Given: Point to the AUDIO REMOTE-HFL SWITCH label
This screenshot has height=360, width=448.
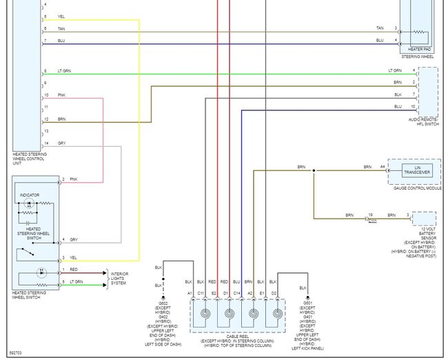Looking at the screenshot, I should coord(423,121).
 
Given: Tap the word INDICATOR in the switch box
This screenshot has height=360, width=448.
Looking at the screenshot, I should coord(30,195).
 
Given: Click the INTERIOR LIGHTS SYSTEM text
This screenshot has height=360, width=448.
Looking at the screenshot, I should coord(119,279).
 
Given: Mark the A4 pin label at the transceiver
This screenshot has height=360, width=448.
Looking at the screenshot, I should coord(383,167).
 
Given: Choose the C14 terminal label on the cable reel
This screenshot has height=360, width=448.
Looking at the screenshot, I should coord(237,294).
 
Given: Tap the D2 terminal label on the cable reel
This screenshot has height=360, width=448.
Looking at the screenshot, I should coord(274,294).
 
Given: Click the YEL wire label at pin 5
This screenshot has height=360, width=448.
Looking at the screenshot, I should coord(62,17).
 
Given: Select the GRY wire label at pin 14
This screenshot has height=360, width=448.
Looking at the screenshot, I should coord(62,143).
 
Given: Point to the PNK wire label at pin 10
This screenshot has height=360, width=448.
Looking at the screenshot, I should coord(62,94).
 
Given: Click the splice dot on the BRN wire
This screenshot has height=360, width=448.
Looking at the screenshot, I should coord(314,170).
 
